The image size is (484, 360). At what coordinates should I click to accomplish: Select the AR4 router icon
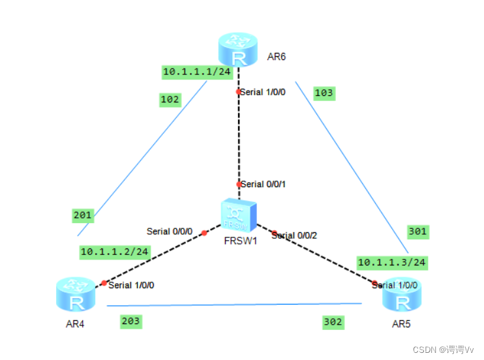point(76,294)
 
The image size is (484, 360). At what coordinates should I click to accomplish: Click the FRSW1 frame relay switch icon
point(237,214)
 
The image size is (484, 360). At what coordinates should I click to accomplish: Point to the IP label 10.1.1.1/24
point(197,72)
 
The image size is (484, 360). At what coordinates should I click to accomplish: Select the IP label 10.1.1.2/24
point(115,251)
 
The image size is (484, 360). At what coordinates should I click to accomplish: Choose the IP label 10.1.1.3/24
point(392,262)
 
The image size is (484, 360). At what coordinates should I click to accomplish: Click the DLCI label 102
point(170,99)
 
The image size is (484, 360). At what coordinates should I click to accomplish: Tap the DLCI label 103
point(324,93)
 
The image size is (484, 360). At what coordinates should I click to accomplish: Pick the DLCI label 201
point(83,215)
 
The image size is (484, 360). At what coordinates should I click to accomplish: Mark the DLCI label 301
point(417,231)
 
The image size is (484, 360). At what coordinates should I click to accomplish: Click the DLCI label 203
point(130,321)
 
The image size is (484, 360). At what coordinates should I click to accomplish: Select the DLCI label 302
point(333,322)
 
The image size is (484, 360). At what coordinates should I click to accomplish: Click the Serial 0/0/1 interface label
point(263,185)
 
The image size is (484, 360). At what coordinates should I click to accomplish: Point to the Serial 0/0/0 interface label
point(170,231)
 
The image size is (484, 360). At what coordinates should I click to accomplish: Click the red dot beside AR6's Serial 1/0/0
point(239,92)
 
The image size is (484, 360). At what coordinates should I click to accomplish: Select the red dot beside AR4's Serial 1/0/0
point(104,283)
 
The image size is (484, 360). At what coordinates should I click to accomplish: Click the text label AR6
point(277,57)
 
